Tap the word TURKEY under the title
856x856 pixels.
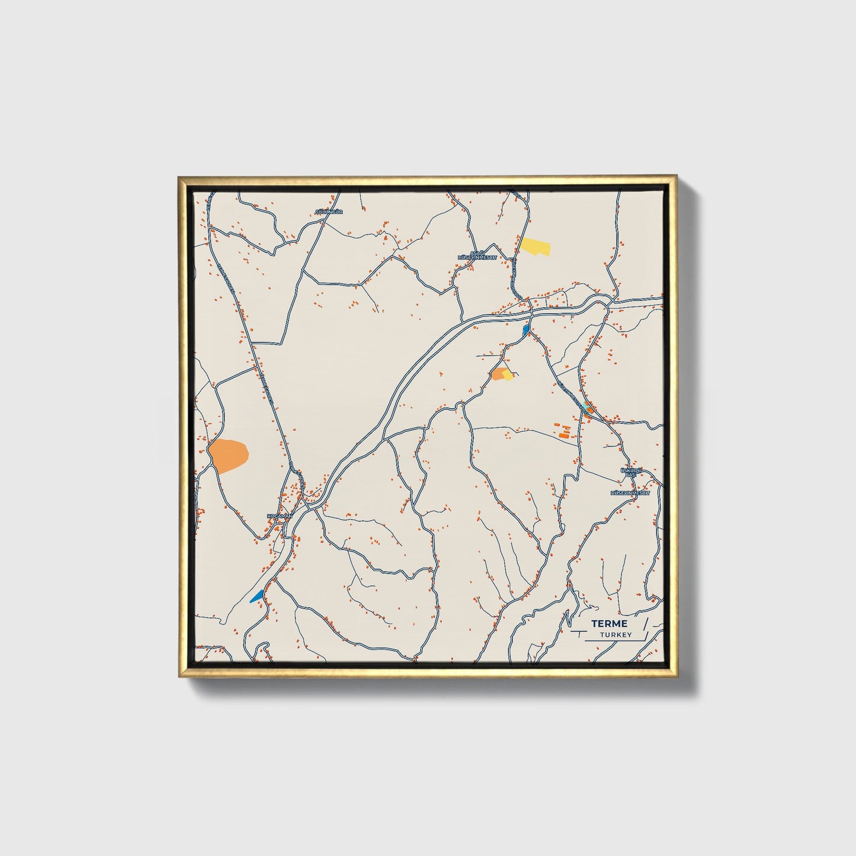coord(615,635)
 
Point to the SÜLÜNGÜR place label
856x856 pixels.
coord(329,211)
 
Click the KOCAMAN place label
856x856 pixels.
coord(280,516)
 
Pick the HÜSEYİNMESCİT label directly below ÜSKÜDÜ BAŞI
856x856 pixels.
coord(630,492)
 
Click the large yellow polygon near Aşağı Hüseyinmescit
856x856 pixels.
coord(536,246)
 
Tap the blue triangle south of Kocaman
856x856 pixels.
coord(257,595)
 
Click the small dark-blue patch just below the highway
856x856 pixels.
coord(526,329)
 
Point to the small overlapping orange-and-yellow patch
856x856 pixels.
coord(502,374)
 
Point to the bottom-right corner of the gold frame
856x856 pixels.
coord(676,678)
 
